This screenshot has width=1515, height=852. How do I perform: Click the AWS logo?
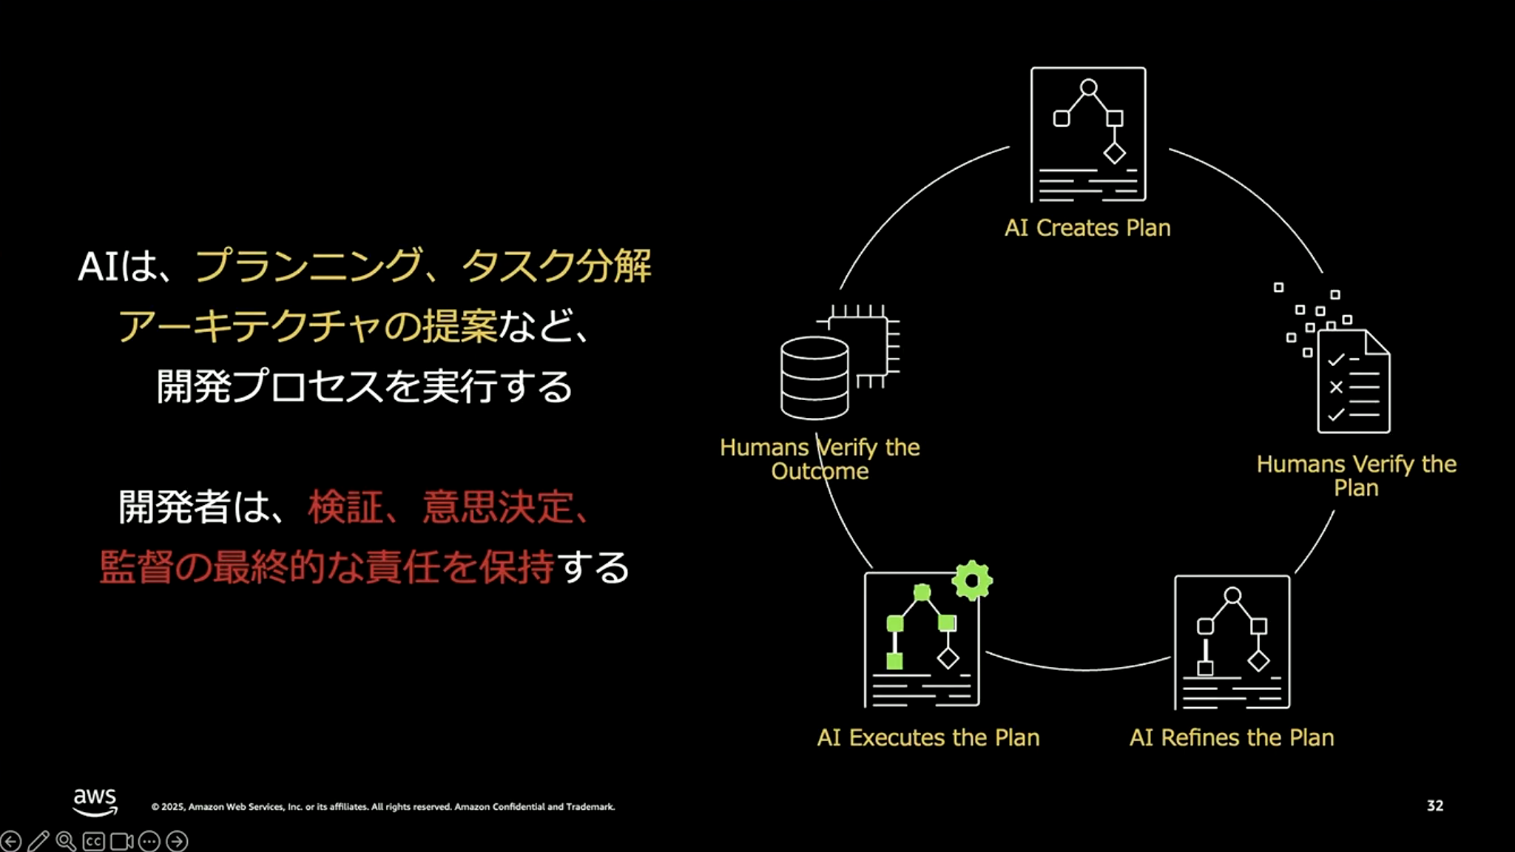pyautogui.click(x=95, y=801)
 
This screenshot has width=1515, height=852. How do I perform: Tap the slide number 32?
pyautogui.click(x=1434, y=805)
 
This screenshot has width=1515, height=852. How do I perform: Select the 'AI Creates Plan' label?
pyautogui.click(x=1087, y=228)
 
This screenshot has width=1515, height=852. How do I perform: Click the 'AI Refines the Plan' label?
pyautogui.click(x=1232, y=737)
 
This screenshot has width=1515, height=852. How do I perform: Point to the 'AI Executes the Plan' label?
pyautogui.click(x=928, y=737)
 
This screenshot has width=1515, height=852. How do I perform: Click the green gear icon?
pyautogui.click(x=972, y=581)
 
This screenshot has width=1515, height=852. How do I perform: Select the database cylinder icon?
pyautogui.click(x=814, y=377)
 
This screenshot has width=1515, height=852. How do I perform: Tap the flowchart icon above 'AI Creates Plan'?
pyautogui.click(x=1088, y=134)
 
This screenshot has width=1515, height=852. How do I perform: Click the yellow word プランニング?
pyautogui.click(x=308, y=266)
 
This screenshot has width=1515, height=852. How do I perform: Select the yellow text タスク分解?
pyautogui.click(x=556, y=266)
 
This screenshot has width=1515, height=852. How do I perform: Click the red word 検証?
pyautogui.click(x=345, y=507)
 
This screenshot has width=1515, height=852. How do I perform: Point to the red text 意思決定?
pyautogui.click(x=497, y=507)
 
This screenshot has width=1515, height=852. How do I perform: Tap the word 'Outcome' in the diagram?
pyautogui.click(x=820, y=471)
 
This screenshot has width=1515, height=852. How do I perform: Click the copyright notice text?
pyautogui.click(x=383, y=807)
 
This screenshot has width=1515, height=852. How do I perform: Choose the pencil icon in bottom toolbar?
pyautogui.click(x=38, y=841)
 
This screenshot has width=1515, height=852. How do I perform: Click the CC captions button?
pyautogui.click(x=94, y=842)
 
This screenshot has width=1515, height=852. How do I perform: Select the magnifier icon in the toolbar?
pyautogui.click(x=66, y=841)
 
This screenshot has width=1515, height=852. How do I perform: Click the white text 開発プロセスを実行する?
pyautogui.click(x=365, y=386)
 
